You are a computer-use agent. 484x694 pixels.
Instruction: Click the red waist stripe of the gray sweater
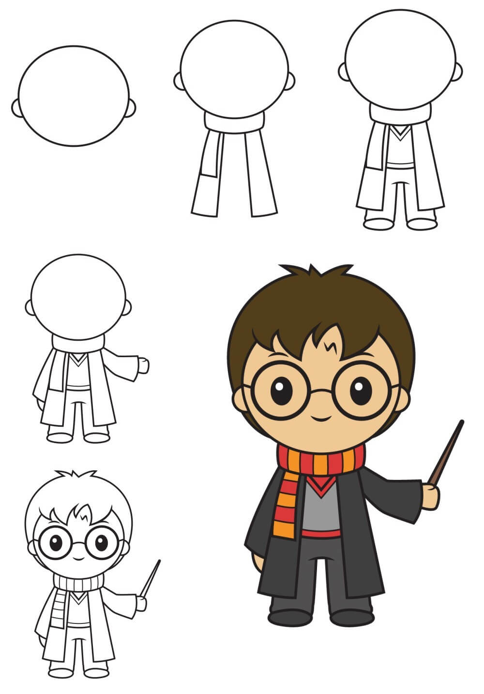tap(320, 534)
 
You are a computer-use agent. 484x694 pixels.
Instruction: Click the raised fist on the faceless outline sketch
tap(143, 366)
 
